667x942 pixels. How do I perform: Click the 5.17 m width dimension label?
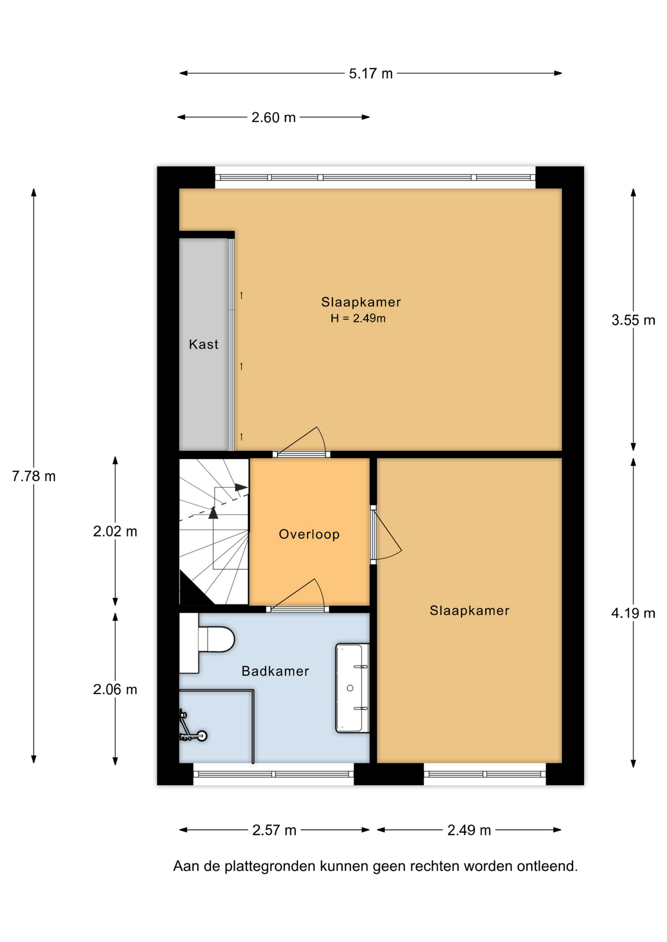371,74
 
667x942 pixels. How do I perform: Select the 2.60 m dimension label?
274,118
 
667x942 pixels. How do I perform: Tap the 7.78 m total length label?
34,476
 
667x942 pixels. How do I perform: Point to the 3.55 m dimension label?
633,320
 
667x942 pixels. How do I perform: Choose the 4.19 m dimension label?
633,613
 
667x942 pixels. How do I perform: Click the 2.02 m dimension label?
115,531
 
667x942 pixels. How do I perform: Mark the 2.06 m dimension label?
115,690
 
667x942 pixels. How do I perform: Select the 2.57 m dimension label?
274,830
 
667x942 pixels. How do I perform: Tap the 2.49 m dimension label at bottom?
469,830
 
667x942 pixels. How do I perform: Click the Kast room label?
204,344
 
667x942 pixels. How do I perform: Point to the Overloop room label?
309,534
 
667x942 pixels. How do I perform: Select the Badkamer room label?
276,671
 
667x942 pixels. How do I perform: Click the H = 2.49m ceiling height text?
358,318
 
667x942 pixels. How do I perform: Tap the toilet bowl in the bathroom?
216,639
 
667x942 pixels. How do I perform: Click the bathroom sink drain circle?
350,688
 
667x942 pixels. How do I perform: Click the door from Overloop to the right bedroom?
386,535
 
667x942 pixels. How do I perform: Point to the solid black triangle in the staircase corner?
194,589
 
